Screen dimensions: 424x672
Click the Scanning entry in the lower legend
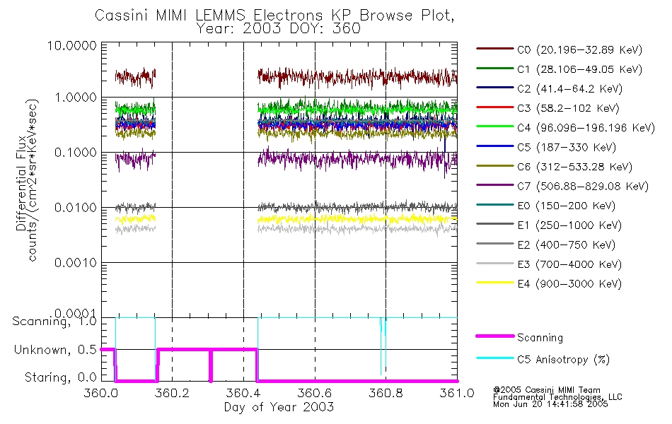point(540,338)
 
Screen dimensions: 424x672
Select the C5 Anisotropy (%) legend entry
point(563,359)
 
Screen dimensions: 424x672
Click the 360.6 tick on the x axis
point(315,393)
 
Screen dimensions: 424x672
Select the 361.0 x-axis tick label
point(456,393)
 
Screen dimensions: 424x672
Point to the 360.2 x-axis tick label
point(173,393)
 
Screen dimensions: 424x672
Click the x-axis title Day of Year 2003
point(279,407)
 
